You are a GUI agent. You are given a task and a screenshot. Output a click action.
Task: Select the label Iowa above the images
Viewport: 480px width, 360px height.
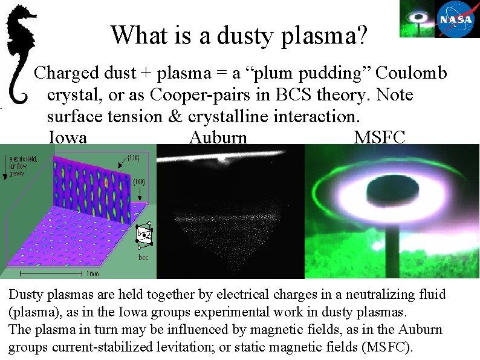(67, 137)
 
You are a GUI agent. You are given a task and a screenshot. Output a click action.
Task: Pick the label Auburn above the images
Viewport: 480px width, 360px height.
(218, 137)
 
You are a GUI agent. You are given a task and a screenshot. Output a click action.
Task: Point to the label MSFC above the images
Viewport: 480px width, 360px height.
(380, 137)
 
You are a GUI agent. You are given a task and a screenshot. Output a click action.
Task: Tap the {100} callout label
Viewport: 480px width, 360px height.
(138, 181)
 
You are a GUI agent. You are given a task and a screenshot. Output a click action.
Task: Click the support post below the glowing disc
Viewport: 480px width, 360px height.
(392, 248)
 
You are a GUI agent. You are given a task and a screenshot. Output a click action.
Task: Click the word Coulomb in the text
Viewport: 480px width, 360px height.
(411, 73)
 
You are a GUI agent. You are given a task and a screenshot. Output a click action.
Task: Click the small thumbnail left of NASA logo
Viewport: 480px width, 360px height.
(417, 18)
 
